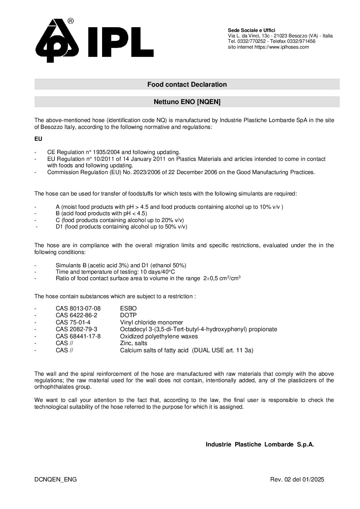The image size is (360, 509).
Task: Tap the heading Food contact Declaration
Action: (187, 84)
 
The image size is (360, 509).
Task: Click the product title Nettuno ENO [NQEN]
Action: (187, 102)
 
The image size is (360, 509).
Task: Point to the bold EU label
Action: (38, 139)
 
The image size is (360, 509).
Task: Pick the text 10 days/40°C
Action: (158, 272)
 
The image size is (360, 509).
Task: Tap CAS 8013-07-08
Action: (78, 308)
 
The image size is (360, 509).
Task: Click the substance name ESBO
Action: (128, 308)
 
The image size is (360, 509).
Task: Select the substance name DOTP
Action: (128, 315)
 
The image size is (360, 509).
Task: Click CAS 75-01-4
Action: (73, 322)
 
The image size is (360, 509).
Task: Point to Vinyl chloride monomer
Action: (151, 322)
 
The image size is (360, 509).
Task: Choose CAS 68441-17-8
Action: (78, 336)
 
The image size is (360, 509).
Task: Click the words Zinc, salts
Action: (134, 343)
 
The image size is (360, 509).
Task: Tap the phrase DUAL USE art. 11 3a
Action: (223, 351)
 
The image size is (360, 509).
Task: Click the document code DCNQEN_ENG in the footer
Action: (55, 480)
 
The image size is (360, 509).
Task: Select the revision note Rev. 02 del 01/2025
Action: (297, 480)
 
